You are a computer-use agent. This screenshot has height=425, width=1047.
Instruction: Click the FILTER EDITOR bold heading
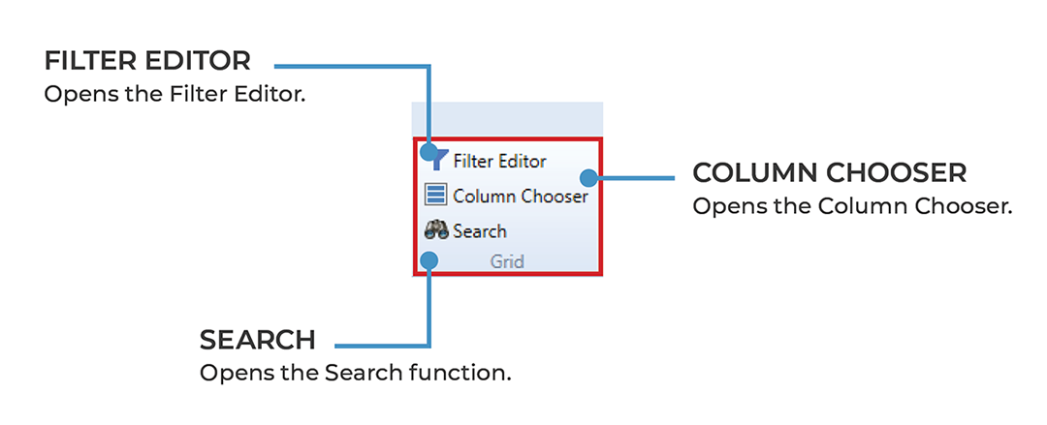(147, 61)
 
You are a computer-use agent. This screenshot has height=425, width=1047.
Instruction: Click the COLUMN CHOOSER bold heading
(829, 173)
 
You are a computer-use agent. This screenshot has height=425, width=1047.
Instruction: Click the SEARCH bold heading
(257, 340)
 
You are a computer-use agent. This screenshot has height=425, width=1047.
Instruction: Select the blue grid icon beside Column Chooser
(436, 196)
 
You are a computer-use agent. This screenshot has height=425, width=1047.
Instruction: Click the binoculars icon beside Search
(436, 230)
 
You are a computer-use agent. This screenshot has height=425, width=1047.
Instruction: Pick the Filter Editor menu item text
(499, 161)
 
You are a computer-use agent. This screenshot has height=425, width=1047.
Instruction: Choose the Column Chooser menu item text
(520, 196)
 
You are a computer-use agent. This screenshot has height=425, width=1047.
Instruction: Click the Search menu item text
(479, 231)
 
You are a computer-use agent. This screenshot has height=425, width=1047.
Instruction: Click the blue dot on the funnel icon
(428, 152)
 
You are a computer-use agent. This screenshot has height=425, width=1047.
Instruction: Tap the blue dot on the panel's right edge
(587, 177)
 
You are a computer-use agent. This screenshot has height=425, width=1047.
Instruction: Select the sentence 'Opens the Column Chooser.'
(852, 207)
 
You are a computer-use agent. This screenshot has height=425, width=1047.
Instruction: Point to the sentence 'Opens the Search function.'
(355, 373)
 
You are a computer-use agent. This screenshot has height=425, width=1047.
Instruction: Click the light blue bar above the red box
(507, 118)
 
